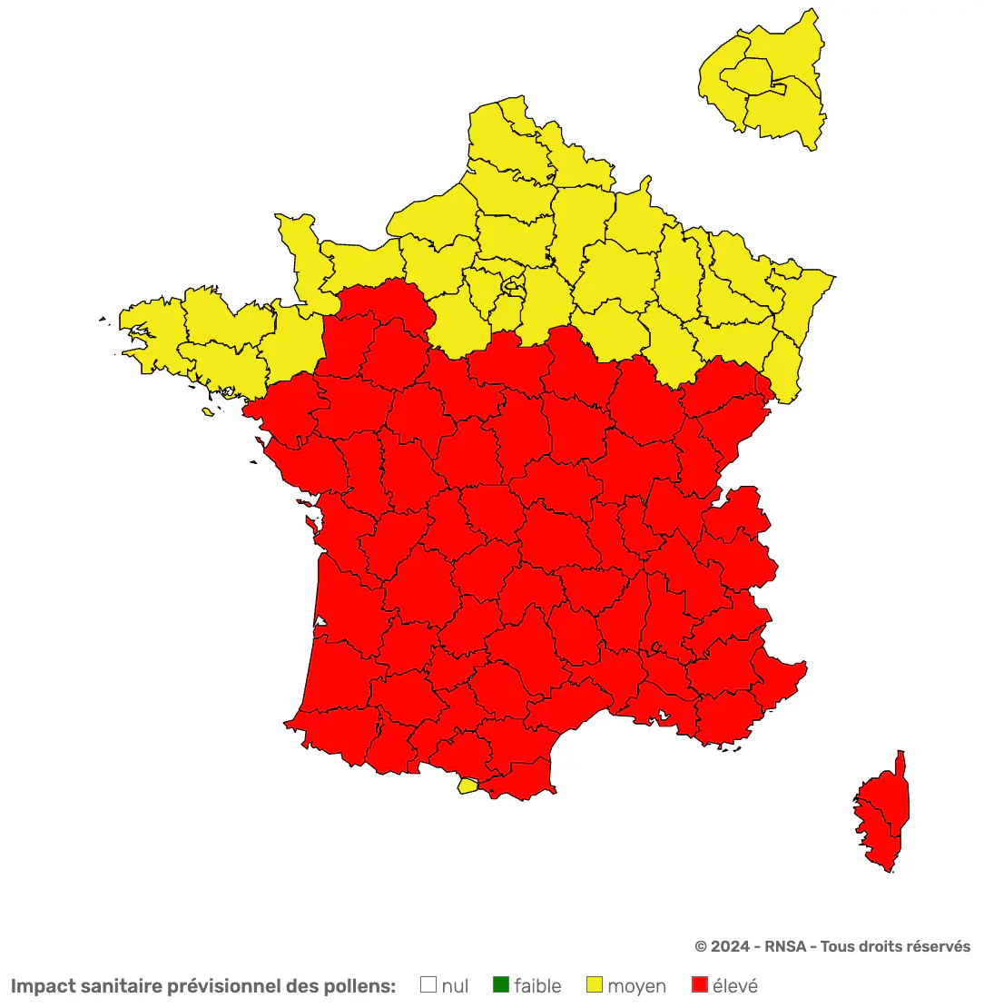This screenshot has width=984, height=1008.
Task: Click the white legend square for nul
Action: click(429, 984)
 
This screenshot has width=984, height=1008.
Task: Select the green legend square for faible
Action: click(501, 984)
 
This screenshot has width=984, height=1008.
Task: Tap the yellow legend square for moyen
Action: click(595, 984)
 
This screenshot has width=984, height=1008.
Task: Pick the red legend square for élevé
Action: click(700, 984)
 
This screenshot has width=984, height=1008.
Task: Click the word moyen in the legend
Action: click(636, 986)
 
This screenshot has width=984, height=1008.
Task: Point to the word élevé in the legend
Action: click(735, 985)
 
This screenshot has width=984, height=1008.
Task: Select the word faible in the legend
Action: click(537, 985)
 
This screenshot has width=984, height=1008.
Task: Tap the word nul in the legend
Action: click(455, 985)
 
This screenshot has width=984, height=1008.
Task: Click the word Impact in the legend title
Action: click(43, 986)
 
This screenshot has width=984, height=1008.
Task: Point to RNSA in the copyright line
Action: click(783, 946)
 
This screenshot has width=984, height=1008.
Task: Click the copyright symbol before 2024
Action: click(701, 946)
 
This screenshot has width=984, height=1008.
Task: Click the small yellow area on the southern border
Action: click(467, 786)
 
